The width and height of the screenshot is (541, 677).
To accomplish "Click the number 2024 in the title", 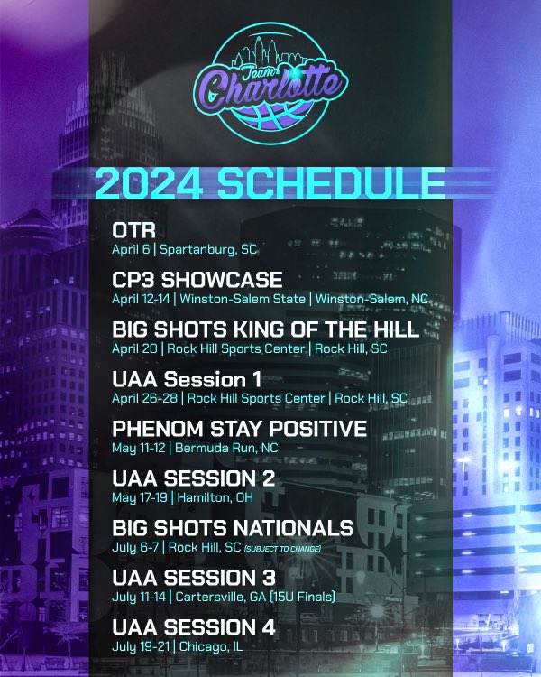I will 150,183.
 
